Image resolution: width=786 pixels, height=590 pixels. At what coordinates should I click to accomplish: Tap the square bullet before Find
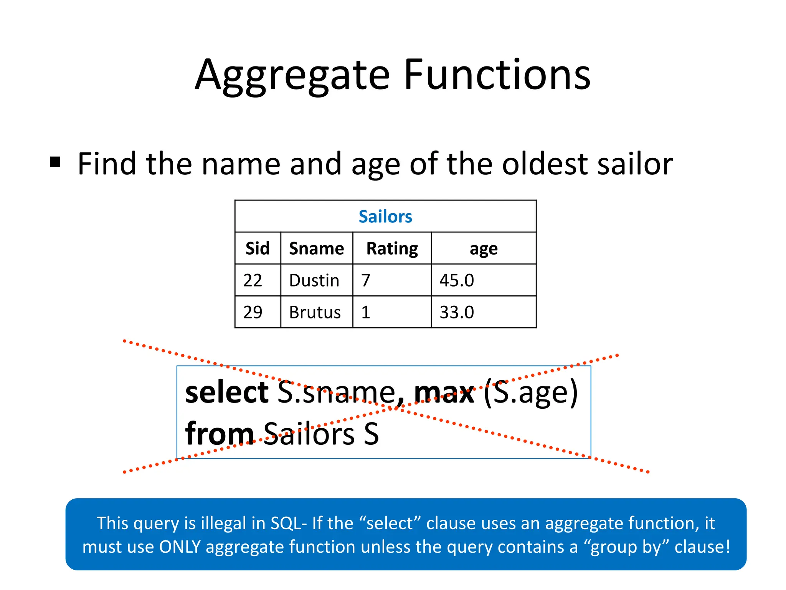pyautogui.click(x=55, y=162)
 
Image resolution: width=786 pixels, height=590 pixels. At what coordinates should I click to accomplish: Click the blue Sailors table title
pyautogui.click(x=385, y=217)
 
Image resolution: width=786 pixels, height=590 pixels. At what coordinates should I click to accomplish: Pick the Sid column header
pyautogui.click(x=258, y=249)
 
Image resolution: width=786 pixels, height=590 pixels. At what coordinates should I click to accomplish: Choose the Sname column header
pyautogui.click(x=317, y=249)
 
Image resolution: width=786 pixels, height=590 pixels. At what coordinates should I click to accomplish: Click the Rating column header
pyautogui.click(x=392, y=249)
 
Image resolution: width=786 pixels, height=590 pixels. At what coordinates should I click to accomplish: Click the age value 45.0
pyautogui.click(x=457, y=280)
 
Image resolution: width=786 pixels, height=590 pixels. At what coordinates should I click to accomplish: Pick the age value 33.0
pyautogui.click(x=457, y=312)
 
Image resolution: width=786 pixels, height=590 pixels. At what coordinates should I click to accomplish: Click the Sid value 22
pyautogui.click(x=253, y=280)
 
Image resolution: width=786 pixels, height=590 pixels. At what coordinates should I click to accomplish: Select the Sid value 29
pyautogui.click(x=253, y=312)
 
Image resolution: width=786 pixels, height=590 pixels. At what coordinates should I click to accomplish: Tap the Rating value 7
pyautogui.click(x=366, y=280)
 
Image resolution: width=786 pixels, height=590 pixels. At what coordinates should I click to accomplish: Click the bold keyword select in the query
pyautogui.click(x=227, y=393)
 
